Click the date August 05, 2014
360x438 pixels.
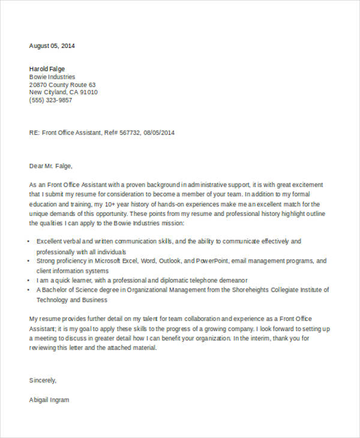52,46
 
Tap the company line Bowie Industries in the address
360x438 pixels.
52,77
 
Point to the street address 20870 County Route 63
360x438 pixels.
62,85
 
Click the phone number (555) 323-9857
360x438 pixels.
50,100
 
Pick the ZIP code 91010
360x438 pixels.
88,92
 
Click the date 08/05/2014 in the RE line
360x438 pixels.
159,133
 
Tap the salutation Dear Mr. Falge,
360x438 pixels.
50,166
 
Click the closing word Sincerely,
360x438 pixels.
43,380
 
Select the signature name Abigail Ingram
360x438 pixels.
49,400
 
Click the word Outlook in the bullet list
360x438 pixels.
168,261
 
